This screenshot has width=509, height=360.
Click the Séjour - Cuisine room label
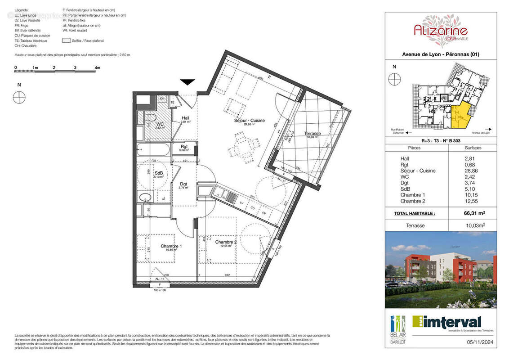(249, 121)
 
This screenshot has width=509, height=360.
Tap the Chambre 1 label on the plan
(171, 246)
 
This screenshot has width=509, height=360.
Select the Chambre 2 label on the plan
(226, 242)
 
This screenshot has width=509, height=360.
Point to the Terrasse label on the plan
(312, 134)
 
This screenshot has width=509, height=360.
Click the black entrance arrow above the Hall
(188, 82)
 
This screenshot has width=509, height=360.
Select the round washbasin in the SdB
(145, 198)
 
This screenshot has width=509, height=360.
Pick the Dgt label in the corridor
(183, 184)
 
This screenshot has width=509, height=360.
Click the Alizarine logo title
(440, 31)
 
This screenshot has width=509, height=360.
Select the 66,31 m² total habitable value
(473, 213)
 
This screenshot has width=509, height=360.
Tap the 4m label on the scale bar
(97, 68)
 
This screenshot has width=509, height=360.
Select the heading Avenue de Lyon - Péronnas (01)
(440, 54)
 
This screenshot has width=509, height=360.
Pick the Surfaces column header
(473, 148)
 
